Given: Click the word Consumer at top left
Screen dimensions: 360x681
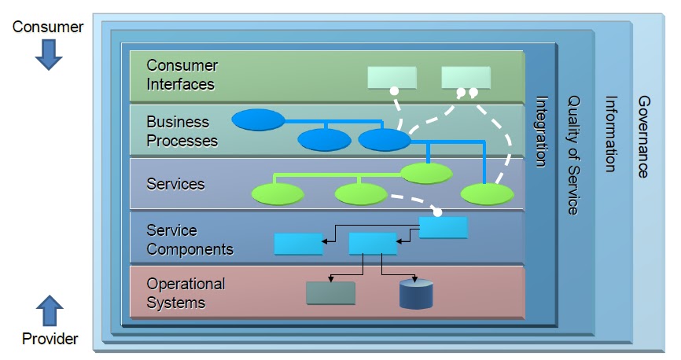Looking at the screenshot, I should point(48,27).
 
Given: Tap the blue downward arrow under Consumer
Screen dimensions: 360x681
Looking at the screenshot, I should point(48,54).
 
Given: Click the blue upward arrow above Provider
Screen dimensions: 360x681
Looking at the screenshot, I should point(50,310).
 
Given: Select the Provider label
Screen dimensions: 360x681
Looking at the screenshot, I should point(50,339).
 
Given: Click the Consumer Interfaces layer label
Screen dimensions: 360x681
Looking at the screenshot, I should point(182,75).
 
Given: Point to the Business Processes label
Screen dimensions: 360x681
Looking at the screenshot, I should point(182,131).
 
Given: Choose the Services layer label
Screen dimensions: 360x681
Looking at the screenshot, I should point(175,184).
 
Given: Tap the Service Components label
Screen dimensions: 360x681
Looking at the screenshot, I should point(190,240).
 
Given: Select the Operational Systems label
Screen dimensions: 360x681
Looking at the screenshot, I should point(186,293).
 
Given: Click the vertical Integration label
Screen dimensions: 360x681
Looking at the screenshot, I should point(542,131).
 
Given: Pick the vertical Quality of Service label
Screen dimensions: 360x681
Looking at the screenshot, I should point(573,155).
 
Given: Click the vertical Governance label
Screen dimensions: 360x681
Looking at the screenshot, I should point(642,137).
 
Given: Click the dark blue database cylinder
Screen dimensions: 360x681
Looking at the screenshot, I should point(416,293).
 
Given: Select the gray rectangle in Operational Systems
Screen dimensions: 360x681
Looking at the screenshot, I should point(330,293).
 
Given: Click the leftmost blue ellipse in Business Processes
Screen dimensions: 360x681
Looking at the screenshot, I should point(258,119).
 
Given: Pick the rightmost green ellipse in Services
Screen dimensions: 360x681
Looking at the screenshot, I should point(487,193).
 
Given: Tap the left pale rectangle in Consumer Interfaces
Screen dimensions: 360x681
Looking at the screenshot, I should point(392,77).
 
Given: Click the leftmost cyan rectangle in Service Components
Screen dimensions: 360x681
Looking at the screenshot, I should point(298,244).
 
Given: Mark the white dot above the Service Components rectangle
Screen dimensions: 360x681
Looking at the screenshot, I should point(437,212).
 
